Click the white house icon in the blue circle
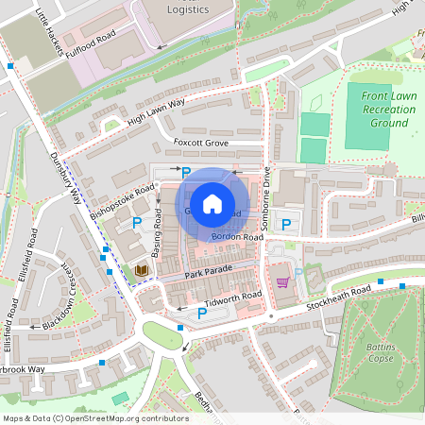click(x=212, y=203)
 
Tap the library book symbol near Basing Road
click(x=142, y=270)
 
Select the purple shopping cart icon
click(x=281, y=281)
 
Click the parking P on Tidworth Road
click(x=202, y=313)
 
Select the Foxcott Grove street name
click(x=202, y=143)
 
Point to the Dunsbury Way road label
click(x=65, y=178)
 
